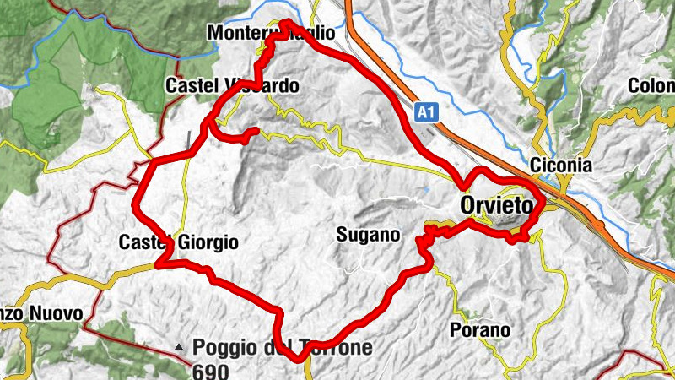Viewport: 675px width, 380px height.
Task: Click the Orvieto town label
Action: tap(498, 205)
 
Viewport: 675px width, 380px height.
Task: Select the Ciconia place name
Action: tap(562, 166)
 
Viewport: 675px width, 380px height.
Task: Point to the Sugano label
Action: tap(367, 235)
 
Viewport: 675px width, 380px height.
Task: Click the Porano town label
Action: tap(480, 330)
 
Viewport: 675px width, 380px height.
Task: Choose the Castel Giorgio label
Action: tap(178, 243)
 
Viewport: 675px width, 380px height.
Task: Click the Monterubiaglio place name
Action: tap(270, 33)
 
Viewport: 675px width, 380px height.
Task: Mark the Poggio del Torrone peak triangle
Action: tap(179, 347)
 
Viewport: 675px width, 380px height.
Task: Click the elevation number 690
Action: tap(208, 369)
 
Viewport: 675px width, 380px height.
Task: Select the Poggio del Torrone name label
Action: tap(282, 347)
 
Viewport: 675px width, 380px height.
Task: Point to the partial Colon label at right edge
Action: tap(651, 86)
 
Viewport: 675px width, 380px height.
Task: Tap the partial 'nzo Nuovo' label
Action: tap(41, 314)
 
